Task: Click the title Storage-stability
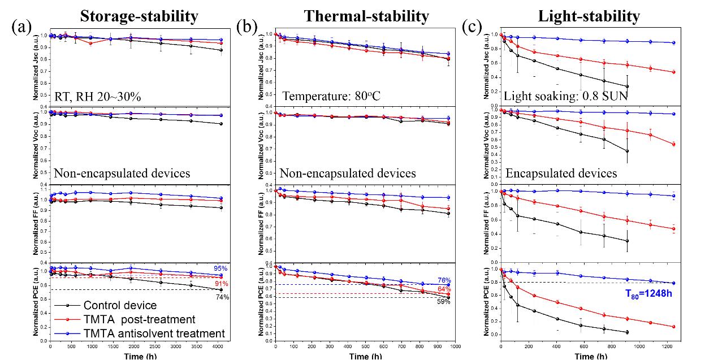(x=139, y=16)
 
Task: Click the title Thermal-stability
(x=366, y=16)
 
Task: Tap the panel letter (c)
(x=473, y=27)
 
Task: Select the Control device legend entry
(x=123, y=306)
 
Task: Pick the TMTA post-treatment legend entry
(x=139, y=320)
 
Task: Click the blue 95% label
(x=221, y=268)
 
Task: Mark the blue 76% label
(x=444, y=280)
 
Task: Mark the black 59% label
(x=444, y=301)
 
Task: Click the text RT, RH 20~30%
(x=97, y=97)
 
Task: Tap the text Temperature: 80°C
(x=332, y=97)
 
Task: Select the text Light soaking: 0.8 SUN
(x=565, y=97)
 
